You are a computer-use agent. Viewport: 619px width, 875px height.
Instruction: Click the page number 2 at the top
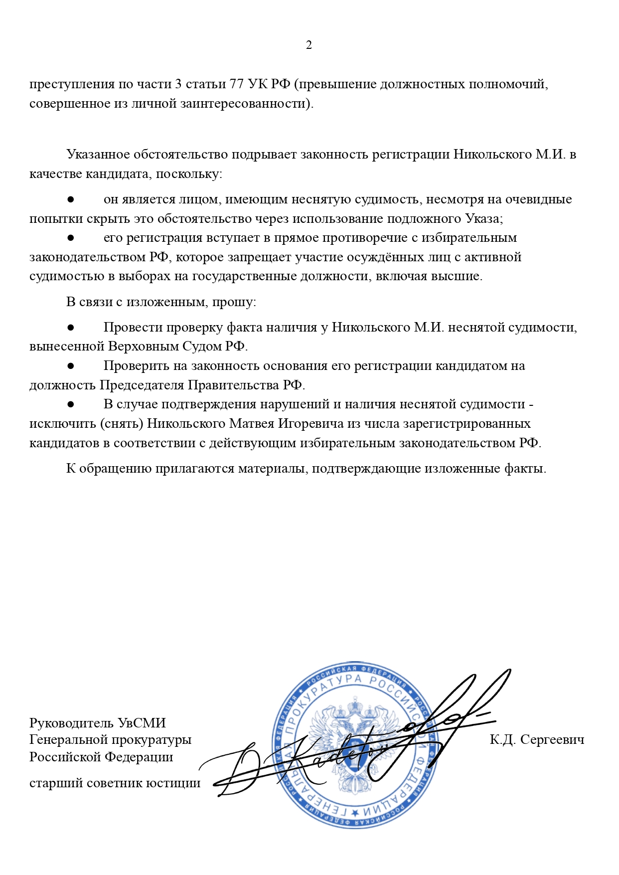tap(309, 45)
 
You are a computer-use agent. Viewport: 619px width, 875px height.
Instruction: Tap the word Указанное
tap(98, 154)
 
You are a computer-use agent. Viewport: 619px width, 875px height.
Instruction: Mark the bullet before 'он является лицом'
tap(71, 199)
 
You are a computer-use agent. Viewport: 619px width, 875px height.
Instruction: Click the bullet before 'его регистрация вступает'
tap(71, 238)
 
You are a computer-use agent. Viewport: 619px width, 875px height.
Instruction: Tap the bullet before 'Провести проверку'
tap(71, 328)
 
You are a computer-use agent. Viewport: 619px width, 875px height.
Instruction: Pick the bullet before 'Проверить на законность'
tap(71, 366)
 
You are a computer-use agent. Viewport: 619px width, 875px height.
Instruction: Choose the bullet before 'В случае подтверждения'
tap(71, 404)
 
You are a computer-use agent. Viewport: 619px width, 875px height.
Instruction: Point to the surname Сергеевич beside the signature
tap(552, 739)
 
